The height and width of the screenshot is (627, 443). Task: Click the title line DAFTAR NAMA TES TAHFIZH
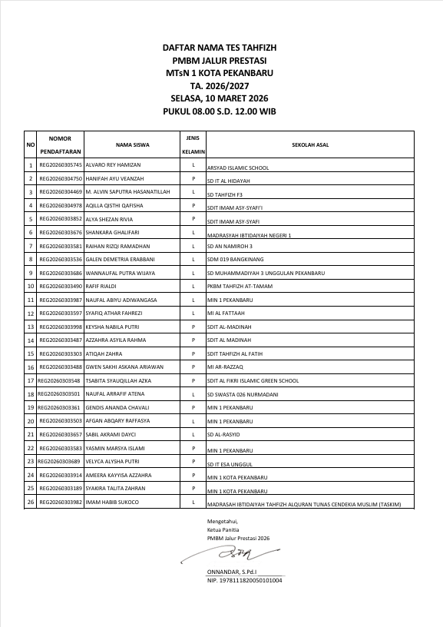click(220, 48)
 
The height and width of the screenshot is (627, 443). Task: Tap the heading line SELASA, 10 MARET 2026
click(220, 99)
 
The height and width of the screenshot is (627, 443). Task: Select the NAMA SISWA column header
click(132, 144)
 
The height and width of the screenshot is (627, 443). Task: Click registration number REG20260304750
click(61, 178)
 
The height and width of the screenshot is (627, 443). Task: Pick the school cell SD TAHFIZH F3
click(225, 194)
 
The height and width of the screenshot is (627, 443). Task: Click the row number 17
click(31, 380)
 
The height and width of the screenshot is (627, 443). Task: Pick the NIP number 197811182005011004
click(244, 580)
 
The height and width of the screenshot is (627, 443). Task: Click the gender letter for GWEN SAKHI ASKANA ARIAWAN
click(193, 367)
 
